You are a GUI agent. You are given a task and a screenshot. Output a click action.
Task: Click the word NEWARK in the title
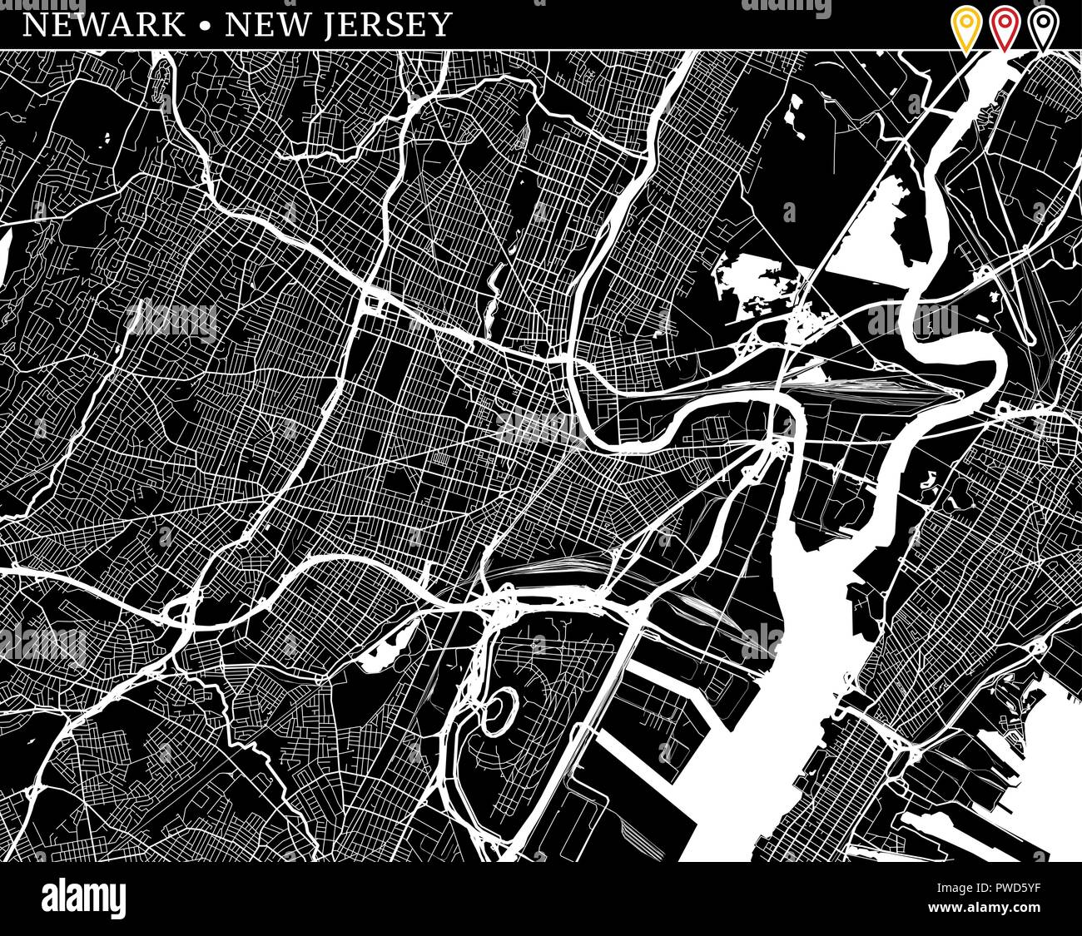[x=104, y=24]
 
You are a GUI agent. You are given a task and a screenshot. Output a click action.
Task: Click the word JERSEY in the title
[x=398, y=24]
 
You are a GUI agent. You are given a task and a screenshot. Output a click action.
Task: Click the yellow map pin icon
[x=966, y=27]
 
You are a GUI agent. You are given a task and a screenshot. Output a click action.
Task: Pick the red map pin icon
[x=1005, y=27]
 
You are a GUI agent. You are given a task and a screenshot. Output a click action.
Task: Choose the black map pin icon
[x=1042, y=27]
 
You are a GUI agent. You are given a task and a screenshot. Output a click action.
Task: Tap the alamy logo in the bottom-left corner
[x=83, y=899]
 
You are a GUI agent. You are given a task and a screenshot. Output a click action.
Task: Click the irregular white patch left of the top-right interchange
[x=753, y=279]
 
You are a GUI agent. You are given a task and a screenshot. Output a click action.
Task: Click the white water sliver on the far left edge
[x=4, y=254]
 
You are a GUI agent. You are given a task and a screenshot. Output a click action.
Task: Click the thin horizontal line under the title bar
[x=541, y=50]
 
